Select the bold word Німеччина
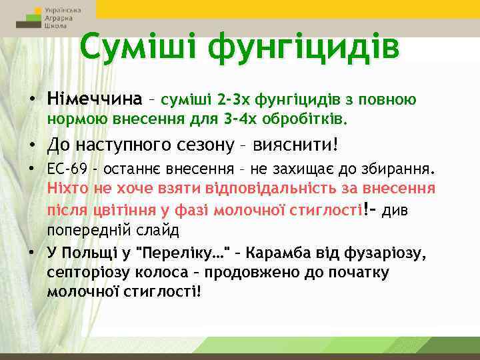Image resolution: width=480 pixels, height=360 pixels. point(95,100)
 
